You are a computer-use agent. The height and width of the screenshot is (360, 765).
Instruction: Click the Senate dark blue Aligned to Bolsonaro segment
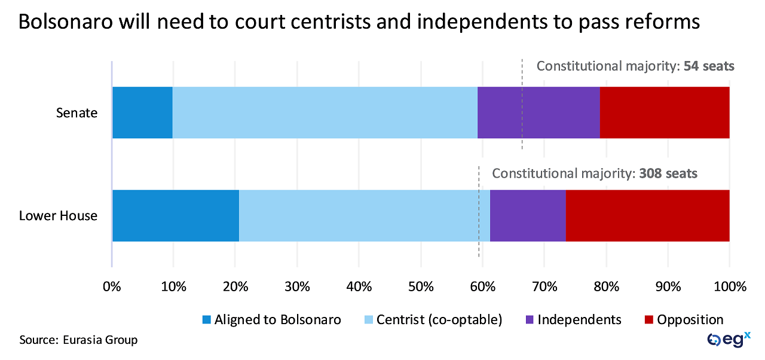tap(142, 112)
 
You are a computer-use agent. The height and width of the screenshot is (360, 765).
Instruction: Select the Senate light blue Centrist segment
tap(325, 112)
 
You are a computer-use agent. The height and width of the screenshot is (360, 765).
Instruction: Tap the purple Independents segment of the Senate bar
tap(538, 112)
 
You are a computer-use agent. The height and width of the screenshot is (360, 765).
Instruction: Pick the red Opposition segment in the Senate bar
tap(664, 112)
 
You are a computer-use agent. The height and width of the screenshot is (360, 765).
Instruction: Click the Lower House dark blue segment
tap(175, 216)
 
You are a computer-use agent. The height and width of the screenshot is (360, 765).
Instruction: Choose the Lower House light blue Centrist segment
tap(364, 216)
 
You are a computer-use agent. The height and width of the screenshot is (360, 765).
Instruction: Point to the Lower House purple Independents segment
tap(527, 216)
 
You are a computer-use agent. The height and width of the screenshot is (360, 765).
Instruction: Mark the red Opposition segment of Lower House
tap(647, 216)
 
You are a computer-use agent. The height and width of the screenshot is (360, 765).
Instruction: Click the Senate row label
tap(76, 112)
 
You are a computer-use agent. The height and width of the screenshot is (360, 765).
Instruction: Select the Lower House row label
tap(58, 216)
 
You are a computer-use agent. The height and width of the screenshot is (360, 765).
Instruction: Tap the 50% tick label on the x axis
tap(420, 286)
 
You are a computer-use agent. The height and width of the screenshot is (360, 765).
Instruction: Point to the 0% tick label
tap(112, 286)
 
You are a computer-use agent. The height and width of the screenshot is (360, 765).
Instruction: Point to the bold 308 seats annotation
tap(668, 174)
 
